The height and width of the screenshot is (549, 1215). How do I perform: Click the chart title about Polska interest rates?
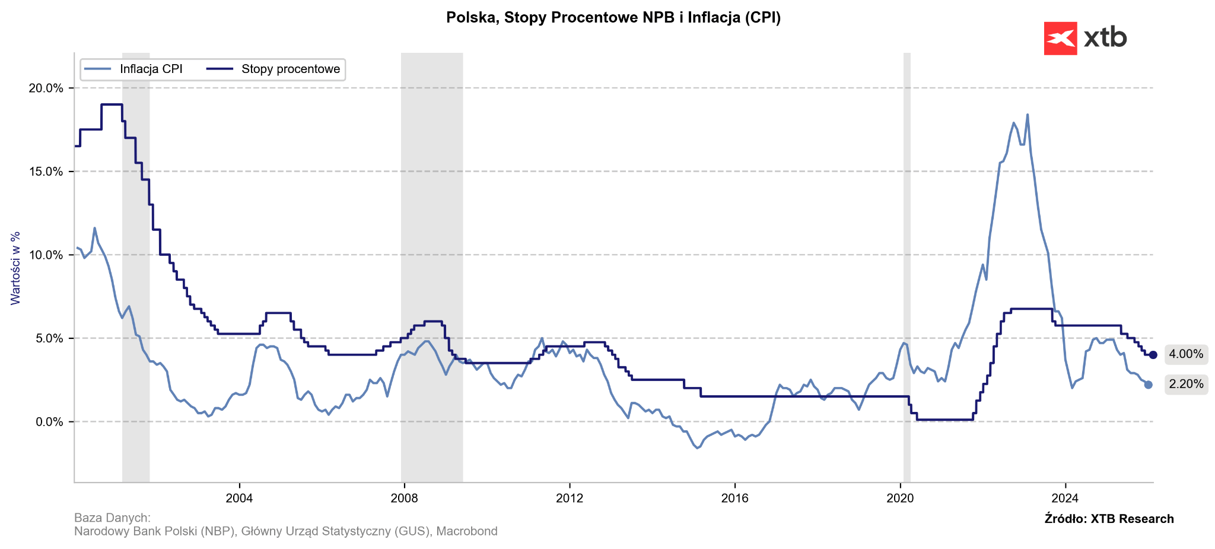pos(613,18)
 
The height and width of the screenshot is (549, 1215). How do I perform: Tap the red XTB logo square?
pos(1060,39)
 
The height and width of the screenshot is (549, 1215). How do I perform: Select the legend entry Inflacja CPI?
pos(151,69)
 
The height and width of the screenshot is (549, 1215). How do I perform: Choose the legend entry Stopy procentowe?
pos(291,69)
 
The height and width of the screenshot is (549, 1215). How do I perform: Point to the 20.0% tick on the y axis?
pos(46,88)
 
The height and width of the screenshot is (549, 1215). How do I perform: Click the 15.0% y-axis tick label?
pos(46,172)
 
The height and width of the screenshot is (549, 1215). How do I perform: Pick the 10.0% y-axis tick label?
pos(46,255)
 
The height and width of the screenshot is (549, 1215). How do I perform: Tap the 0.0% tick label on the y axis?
pos(48,422)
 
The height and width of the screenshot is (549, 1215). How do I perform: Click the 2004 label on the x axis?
pos(239,498)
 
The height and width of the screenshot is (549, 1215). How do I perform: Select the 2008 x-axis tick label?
pos(405,498)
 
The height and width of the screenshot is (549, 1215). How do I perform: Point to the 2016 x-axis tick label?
pos(734,498)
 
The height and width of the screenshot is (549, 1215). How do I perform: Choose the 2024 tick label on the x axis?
pos(1065,498)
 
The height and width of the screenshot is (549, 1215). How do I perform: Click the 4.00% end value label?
pos(1186,355)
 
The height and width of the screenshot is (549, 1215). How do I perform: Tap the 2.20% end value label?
pos(1186,385)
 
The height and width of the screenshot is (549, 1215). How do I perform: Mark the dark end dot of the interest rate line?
pos(1153,355)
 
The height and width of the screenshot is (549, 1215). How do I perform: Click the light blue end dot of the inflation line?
pos(1148,385)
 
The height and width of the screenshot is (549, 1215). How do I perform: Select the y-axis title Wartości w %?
pos(16,268)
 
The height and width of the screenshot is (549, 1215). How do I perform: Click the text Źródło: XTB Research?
pos(1109,519)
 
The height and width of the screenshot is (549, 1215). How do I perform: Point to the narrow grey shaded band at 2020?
pos(907,267)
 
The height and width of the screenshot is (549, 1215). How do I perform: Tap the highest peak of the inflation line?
pos(1028,115)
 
